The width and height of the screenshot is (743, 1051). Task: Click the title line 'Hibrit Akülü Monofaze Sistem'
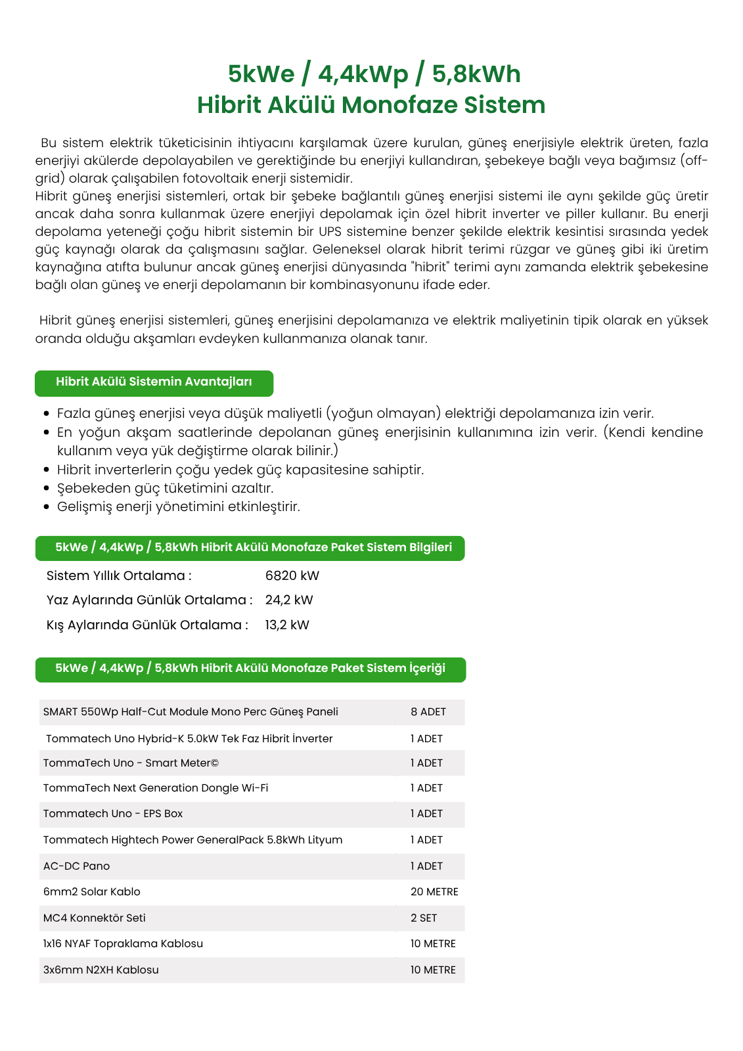coord(371,105)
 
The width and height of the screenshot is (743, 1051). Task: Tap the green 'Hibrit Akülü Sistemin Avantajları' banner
coord(154,383)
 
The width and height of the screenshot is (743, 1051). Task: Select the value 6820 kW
coord(292,576)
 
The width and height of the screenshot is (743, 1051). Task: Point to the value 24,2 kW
coord(289,600)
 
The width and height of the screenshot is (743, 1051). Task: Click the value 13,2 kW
coord(287,625)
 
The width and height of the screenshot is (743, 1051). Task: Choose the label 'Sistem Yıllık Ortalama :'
coord(119,576)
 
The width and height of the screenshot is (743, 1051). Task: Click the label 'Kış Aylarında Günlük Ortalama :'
coord(147,625)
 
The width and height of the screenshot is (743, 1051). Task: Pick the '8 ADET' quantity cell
coord(428,712)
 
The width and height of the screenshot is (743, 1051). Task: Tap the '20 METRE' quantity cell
coord(434,892)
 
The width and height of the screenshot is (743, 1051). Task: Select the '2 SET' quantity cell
coord(424,918)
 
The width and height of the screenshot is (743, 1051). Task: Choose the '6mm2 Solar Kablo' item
coord(91,892)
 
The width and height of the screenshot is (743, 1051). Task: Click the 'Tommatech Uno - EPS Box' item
coord(113,814)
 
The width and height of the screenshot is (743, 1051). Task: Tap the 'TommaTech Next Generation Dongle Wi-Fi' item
coord(156,788)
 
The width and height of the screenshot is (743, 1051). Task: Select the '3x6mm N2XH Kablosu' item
coord(101,970)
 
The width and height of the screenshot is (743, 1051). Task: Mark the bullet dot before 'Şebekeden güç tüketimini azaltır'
coord(46,489)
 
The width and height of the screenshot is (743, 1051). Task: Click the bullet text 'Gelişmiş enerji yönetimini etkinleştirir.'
coord(178,507)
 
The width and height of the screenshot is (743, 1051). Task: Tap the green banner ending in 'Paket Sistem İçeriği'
coord(250,669)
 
